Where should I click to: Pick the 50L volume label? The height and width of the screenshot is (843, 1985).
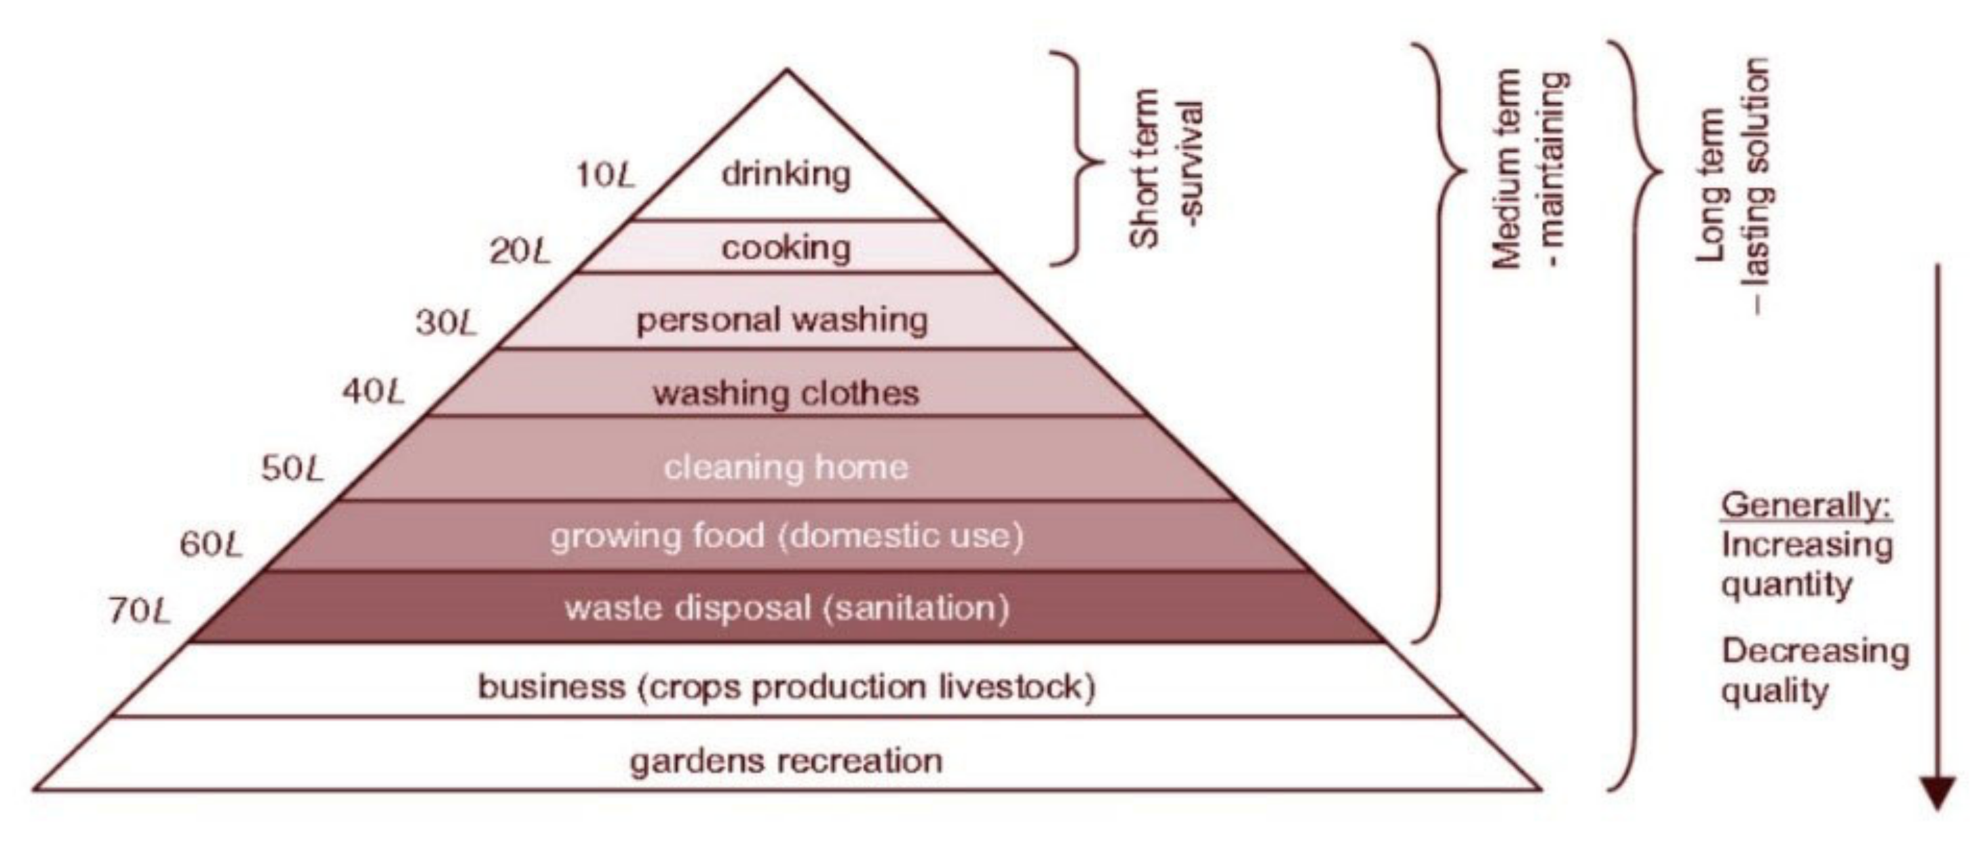(293, 468)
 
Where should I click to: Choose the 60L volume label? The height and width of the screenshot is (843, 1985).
(211, 545)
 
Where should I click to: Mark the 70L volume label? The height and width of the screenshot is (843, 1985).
(138, 612)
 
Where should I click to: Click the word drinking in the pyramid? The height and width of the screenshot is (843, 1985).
(786, 174)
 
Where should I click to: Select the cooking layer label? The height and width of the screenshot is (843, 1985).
(786, 248)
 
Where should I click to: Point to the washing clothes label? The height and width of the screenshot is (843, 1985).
(786, 393)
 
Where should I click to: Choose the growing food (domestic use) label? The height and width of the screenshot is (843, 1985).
(787, 536)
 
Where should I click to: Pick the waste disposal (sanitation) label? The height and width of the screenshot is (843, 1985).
(787, 608)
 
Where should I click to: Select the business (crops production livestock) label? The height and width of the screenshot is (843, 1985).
(786, 686)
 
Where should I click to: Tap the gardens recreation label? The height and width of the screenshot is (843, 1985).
(786, 760)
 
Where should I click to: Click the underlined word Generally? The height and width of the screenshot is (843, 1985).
(1806, 505)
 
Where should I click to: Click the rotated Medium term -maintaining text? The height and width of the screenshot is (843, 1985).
(1530, 170)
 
